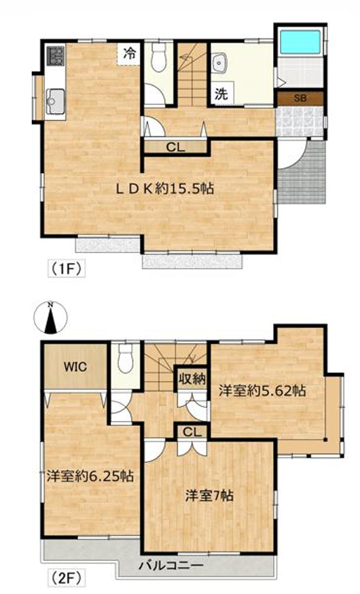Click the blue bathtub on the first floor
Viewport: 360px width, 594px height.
[299, 43]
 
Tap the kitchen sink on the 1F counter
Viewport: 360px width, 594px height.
[55, 101]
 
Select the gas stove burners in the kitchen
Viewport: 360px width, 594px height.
[55, 55]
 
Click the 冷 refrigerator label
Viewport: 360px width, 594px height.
[130, 54]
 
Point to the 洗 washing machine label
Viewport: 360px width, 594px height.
[221, 94]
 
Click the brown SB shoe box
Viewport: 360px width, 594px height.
[300, 99]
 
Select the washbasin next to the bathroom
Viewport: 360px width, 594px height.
[219, 63]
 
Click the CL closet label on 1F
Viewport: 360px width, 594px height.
[176, 147]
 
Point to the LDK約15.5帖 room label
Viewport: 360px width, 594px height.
[165, 188]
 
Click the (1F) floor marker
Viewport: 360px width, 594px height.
[66, 269]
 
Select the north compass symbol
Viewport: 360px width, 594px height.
[50, 318]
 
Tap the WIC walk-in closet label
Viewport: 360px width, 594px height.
[75, 367]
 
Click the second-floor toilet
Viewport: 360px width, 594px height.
[125, 358]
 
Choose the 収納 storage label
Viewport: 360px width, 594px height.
[192, 379]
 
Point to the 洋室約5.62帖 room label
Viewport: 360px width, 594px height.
[262, 390]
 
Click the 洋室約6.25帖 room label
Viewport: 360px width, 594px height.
[90, 475]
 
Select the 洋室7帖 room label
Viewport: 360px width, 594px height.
[209, 495]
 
